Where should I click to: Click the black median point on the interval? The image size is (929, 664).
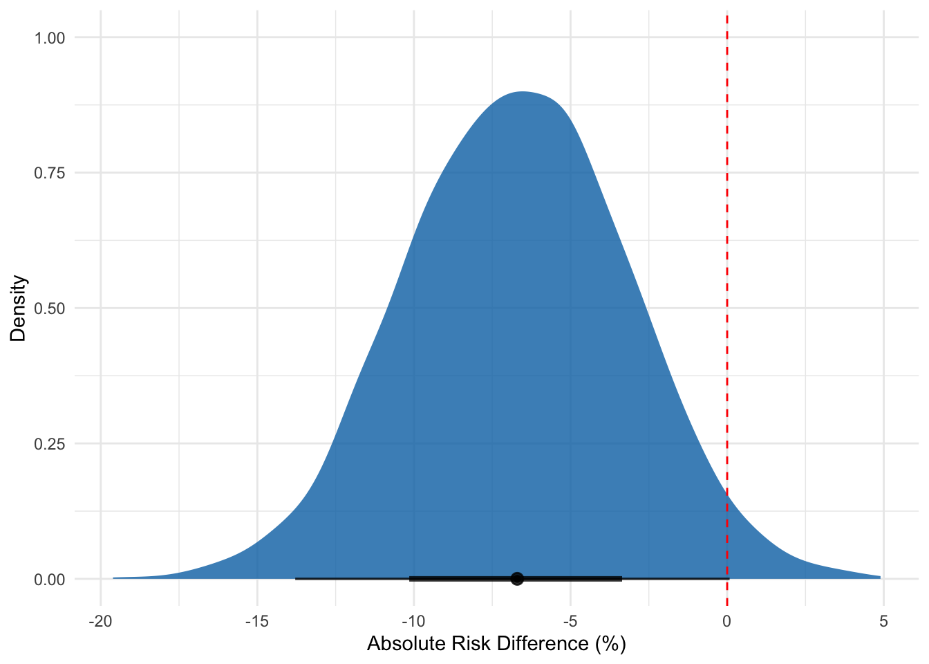[x=517, y=578]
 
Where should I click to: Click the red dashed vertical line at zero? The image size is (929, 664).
[x=726, y=277]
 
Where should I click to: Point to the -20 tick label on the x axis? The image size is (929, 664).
[x=100, y=621]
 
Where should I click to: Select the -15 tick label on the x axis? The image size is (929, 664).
[x=257, y=621]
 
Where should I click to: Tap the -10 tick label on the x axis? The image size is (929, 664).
[x=413, y=621]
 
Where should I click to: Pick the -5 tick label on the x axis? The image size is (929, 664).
[x=570, y=621]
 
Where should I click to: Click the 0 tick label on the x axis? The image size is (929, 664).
[x=726, y=621]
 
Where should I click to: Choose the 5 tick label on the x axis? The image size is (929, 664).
[x=883, y=621]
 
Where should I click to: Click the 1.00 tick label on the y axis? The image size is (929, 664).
[x=50, y=38]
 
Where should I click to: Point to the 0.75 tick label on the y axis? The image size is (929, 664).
[x=50, y=173]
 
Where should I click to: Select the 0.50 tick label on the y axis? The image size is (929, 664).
[x=50, y=308]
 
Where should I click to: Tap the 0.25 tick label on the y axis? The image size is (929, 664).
[x=50, y=444]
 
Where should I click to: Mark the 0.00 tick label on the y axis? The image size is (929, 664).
[x=50, y=580]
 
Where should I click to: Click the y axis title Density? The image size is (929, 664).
[x=19, y=308]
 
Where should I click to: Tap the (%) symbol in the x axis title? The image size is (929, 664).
[x=610, y=644]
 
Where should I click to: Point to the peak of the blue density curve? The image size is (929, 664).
[x=523, y=92]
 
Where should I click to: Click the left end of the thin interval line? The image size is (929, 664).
[x=296, y=578]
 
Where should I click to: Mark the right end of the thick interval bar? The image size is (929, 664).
[x=621, y=578]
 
